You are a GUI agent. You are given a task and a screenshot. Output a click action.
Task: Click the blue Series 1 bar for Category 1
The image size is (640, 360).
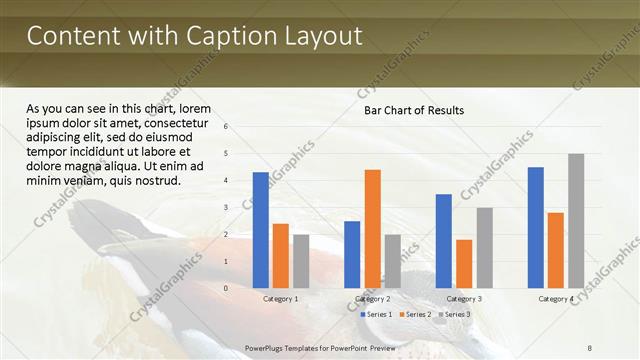point(261,230)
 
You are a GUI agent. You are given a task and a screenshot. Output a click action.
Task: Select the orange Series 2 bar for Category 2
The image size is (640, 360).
point(372,228)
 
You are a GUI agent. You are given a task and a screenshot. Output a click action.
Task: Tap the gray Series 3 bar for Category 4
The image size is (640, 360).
point(576,220)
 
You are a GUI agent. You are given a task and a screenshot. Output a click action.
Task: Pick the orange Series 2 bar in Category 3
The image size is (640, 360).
point(464,263)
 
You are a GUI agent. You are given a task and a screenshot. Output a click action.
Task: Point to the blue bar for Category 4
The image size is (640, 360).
point(536,227)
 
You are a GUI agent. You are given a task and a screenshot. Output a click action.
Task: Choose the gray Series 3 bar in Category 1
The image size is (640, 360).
point(301,261)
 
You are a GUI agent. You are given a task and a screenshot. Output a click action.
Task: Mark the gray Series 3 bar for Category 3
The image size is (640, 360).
point(484,247)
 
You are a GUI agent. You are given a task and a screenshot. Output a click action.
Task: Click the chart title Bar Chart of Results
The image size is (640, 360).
point(413,110)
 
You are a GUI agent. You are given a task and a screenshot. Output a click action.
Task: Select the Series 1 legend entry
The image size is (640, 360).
point(378,314)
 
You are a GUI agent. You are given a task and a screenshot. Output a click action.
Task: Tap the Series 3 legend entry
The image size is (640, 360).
point(456,314)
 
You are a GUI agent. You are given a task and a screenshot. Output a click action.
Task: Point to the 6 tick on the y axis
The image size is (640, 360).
point(227,127)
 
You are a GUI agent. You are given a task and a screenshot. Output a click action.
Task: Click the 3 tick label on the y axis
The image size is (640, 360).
point(227,208)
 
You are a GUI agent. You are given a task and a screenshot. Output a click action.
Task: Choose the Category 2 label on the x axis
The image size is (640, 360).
point(372,299)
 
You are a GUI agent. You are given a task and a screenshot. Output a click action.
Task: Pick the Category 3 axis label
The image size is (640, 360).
point(464,299)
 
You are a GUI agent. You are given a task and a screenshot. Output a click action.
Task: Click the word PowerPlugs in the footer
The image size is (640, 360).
point(267,346)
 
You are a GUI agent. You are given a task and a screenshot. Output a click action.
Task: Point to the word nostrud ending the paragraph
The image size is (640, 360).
point(154,181)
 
